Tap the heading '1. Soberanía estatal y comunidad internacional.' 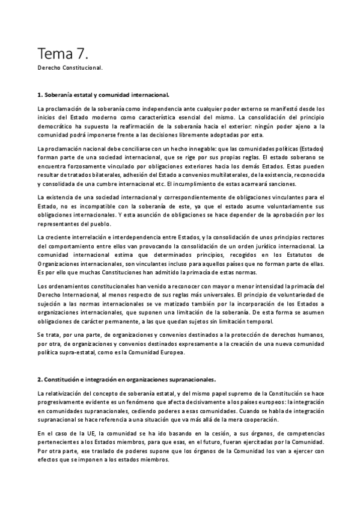point(103,95)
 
